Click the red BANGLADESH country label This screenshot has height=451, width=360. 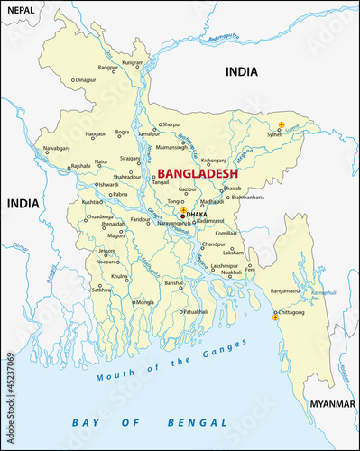tap(198, 172)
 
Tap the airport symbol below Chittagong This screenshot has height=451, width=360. tap(275, 318)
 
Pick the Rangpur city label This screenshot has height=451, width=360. tap(108, 68)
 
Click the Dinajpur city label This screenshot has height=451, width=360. tap(86, 80)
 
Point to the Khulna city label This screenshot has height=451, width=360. tap(119, 276)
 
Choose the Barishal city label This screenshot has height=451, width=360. tap(173, 282)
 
